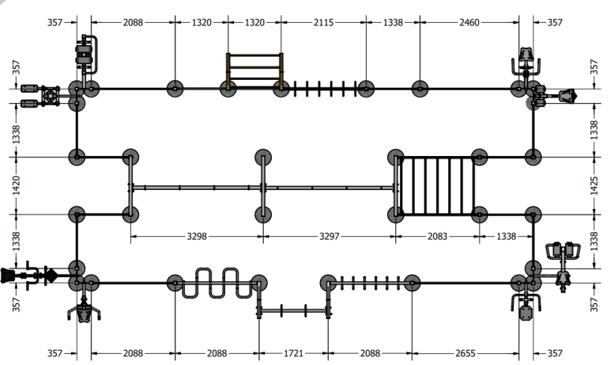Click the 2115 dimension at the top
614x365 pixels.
[x=323, y=22]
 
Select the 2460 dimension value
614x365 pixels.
[x=469, y=22]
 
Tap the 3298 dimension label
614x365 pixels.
[x=197, y=236]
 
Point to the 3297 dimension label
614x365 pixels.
[x=330, y=236]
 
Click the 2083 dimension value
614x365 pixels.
[x=437, y=236]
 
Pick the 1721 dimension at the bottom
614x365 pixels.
[x=293, y=353]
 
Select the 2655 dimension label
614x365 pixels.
[x=465, y=353]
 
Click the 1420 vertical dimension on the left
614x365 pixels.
[x=16, y=185]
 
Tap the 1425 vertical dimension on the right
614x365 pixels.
[x=594, y=185]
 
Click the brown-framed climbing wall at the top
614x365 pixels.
[x=254, y=70]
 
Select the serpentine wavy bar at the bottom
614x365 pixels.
[x=217, y=283]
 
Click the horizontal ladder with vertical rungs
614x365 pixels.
[x=437, y=186]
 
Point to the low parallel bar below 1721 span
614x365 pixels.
[x=293, y=311]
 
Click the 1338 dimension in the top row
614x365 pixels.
[x=393, y=22]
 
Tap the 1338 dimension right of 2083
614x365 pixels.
[x=506, y=236]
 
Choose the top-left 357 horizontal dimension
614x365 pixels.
[x=55, y=22]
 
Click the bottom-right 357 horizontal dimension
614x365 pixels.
[x=555, y=353]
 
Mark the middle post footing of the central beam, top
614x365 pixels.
[x=263, y=157]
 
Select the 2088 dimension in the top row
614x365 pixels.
[x=133, y=22]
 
